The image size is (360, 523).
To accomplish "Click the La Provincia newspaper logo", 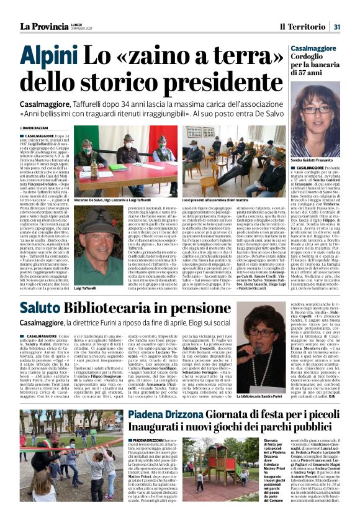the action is click(45, 25).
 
